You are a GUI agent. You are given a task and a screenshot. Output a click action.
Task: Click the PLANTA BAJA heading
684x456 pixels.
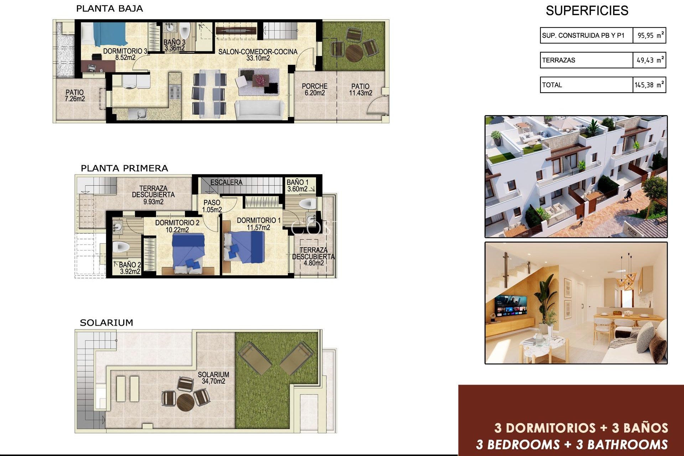click(x=109, y=9)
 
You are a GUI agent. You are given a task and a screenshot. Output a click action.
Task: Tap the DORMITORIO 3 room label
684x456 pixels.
click(x=125, y=54)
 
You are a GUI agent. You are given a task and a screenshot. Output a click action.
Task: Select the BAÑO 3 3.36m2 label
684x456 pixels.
click(x=174, y=45)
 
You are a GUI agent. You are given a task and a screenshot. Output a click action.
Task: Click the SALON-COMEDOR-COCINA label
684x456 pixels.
click(x=258, y=55)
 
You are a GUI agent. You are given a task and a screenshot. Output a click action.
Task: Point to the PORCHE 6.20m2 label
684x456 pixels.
click(x=314, y=89)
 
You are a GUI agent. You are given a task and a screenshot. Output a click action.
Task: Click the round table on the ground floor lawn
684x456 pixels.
click(x=354, y=52)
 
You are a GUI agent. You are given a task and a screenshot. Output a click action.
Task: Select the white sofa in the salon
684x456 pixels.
click(x=259, y=110)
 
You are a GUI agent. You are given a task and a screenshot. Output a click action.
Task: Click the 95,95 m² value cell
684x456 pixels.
click(x=649, y=35)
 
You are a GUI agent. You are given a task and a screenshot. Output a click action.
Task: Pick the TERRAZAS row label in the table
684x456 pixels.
click(x=558, y=60)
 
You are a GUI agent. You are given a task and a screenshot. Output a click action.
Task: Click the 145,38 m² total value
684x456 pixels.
click(x=649, y=85)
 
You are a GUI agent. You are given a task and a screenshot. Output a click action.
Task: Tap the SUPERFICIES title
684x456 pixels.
click(x=587, y=11)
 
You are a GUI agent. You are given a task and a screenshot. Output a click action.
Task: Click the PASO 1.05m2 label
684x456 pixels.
click(x=212, y=206)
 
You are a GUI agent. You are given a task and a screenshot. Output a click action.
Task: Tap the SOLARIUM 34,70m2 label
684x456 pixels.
click(x=213, y=378)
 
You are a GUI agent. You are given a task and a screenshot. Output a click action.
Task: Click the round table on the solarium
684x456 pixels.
click(x=185, y=402)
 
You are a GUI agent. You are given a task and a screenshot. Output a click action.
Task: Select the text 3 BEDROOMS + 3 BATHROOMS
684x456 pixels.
click(x=571, y=445)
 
